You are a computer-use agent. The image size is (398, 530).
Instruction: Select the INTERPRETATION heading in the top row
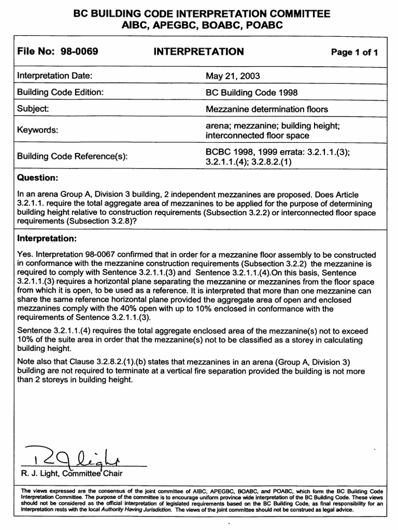coord(198,51)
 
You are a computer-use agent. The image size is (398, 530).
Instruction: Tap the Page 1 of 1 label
coord(354,52)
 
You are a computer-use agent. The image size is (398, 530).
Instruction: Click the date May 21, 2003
coord(233,76)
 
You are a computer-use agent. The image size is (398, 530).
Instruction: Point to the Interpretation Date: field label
coord(54,76)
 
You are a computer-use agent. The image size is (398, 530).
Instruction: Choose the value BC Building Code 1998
coord(251,92)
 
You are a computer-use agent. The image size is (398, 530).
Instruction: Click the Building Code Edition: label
coord(61,92)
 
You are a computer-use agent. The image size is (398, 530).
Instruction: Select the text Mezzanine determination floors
coord(267,109)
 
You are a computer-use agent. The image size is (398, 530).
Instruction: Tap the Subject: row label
coord(33,109)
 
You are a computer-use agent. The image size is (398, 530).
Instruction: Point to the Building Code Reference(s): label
coord(73,156)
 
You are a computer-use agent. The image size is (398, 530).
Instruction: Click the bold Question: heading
coord(37,178)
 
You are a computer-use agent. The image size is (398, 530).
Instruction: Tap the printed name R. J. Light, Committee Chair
coord(70,473)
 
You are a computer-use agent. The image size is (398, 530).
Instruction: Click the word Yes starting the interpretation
coord(24,255)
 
